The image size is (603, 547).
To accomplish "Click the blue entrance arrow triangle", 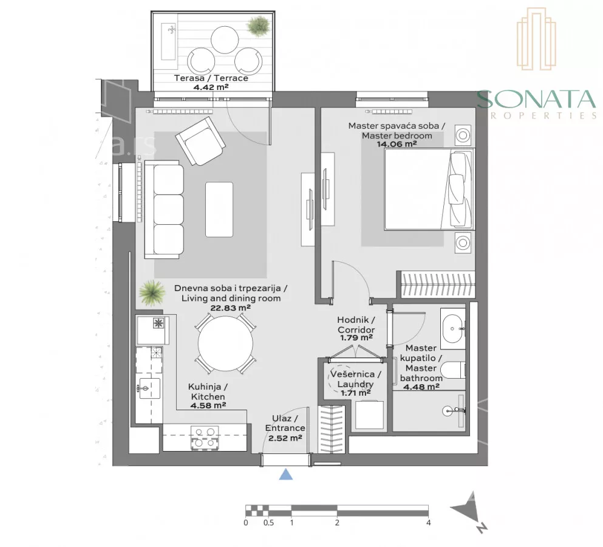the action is (x=286, y=474).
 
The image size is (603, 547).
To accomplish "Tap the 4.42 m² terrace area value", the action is (x=211, y=87).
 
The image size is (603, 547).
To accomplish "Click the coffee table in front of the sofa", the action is (x=219, y=210).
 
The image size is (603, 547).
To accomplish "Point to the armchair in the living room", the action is (x=200, y=141).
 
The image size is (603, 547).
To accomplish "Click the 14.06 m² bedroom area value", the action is (x=397, y=145).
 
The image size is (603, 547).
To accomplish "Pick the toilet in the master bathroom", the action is (x=452, y=370).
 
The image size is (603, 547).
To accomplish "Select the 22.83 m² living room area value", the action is (x=230, y=308).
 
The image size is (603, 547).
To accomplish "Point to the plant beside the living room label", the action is (x=152, y=293).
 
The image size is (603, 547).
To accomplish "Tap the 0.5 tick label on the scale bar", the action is (x=268, y=523).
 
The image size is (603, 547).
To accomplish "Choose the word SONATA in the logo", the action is (x=536, y=99).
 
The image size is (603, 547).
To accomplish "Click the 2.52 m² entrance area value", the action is (x=285, y=438).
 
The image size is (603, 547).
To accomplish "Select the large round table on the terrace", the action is (x=225, y=40).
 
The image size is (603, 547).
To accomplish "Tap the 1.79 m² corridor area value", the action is (x=356, y=338).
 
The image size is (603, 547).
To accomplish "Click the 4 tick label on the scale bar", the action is (x=428, y=523).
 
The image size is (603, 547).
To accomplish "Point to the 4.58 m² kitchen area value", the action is (x=208, y=405).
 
